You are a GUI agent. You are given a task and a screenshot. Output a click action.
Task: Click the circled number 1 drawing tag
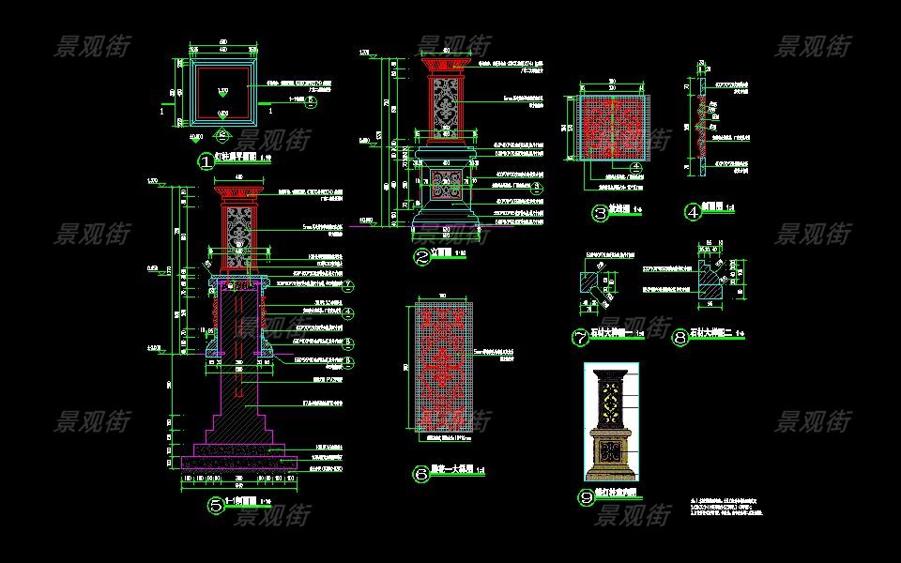click(x=206, y=161)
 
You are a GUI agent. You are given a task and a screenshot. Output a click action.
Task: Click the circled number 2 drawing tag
click(x=422, y=256)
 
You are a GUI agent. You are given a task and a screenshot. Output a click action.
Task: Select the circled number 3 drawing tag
click(x=601, y=213)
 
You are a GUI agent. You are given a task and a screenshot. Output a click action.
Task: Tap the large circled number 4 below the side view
click(x=694, y=213)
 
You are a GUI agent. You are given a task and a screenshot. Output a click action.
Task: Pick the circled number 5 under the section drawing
click(x=217, y=506)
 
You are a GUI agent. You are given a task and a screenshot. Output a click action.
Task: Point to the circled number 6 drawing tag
click(x=420, y=474)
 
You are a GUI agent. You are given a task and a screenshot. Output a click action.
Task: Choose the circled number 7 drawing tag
click(x=580, y=338)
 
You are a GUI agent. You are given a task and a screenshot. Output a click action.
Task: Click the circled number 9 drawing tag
click(x=588, y=498)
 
